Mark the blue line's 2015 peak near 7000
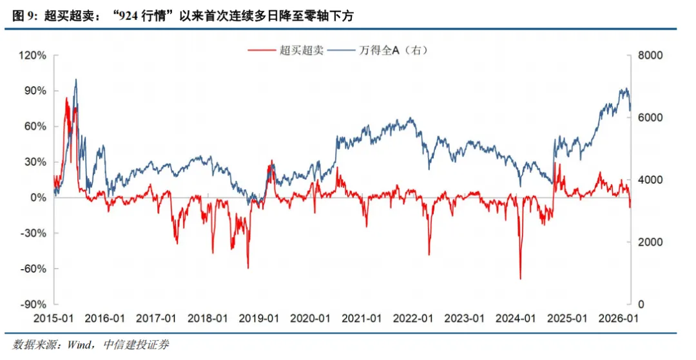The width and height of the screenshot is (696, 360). tap(76, 80)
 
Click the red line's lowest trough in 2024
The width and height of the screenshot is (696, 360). tap(520, 278)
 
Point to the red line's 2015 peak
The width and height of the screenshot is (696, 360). tap(66, 98)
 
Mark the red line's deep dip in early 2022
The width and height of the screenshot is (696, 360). tap(429, 254)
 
